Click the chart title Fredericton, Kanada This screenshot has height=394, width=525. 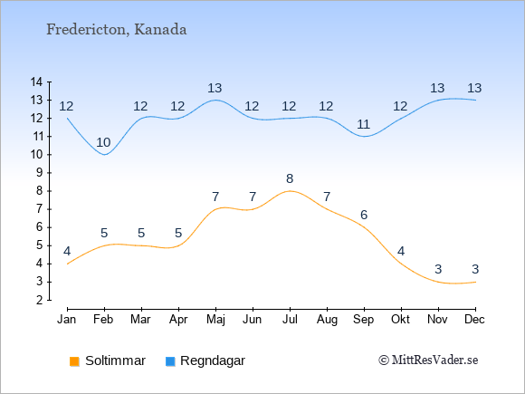pos(116,30)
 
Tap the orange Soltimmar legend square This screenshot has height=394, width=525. pos(74,361)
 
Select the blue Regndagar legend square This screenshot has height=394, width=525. pos(170,361)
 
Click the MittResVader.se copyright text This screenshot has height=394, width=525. pos(428,360)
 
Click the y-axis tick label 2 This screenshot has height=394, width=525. pos(40,300)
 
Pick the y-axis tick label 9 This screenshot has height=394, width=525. pos(40,173)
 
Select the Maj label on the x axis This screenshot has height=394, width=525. pos(215,320)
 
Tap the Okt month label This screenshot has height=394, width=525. pos(400,320)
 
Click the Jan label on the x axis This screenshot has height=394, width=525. pos(67,320)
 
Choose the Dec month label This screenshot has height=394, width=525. pos(474,320)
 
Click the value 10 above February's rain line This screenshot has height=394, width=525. pos(103,143)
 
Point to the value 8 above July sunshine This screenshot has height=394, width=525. pos(290,179)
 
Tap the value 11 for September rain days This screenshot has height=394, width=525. pos(363,125)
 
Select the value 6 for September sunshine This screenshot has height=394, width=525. pos(364,215)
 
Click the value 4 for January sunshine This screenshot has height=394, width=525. pos(67,251)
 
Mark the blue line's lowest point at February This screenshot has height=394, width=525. pos(105,155)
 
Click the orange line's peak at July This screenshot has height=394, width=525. pos(290,191)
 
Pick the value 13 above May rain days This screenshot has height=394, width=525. pos(215,89)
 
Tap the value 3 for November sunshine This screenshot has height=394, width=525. pos(438,269)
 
